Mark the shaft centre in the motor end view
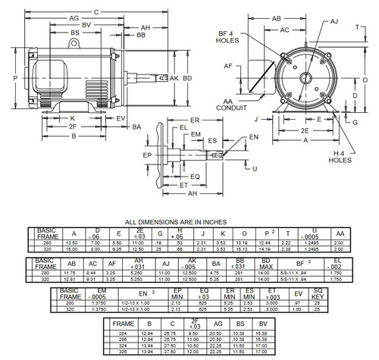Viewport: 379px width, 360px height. [x=307, y=78]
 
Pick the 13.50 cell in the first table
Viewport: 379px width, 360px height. [x=73, y=242]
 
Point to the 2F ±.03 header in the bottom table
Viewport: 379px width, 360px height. [x=196, y=324]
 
